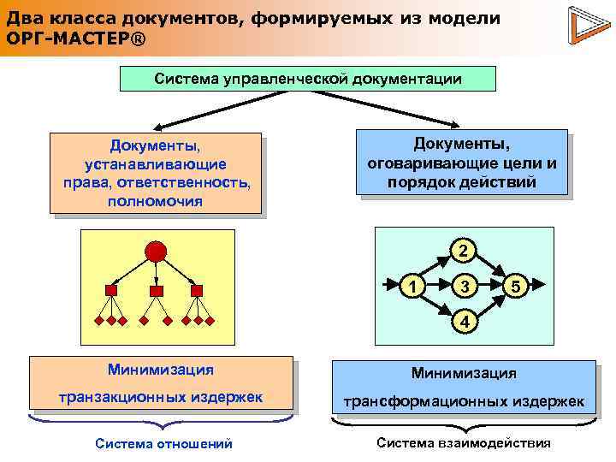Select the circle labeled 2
pyautogui.click(x=463, y=251)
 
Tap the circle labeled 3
pyautogui.click(x=463, y=286)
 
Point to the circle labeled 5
pyautogui.click(x=514, y=286)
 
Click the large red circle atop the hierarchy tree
pyautogui.click(x=156, y=252)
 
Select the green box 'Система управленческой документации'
pyautogui.click(x=308, y=79)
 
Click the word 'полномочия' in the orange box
pyautogui.click(x=156, y=201)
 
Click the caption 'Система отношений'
pyautogui.click(x=163, y=443)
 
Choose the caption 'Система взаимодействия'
pyautogui.click(x=464, y=443)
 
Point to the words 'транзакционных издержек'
pyautogui.click(x=160, y=395)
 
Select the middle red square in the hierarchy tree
pyautogui.click(x=156, y=291)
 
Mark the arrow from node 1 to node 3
pyautogui.click(x=438, y=286)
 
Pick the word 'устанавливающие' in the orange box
pyautogui.click(x=156, y=163)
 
